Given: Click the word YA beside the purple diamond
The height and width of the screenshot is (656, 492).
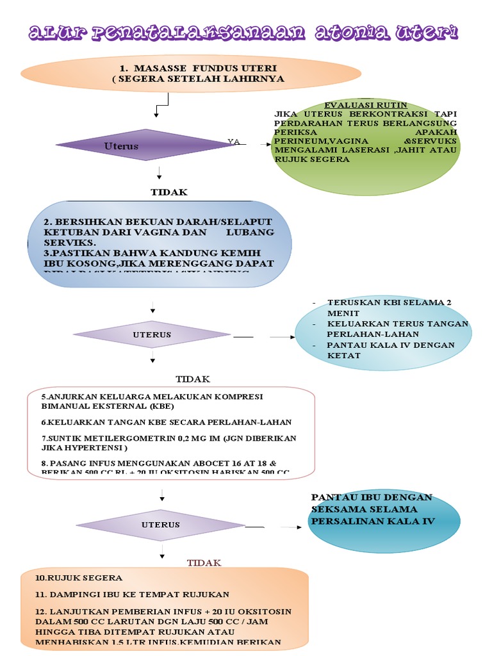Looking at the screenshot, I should pos(234,141).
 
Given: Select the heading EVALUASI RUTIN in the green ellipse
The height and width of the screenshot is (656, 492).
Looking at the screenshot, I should pos(365,104).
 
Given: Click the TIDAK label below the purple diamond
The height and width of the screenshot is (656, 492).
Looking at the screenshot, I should pos(169,192).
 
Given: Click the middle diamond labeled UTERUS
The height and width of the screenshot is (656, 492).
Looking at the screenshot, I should pos(152,334).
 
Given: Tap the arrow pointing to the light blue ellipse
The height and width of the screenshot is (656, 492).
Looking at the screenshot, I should pos(282,336).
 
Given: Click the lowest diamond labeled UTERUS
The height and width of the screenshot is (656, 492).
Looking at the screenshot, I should pos(160,525).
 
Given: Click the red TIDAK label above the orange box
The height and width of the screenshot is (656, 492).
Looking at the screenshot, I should pos(204,562).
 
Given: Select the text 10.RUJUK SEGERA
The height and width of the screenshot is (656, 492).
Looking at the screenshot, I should pos(79,578).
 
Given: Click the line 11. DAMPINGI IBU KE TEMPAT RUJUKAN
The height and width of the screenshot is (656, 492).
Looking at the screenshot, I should pos(133,594).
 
